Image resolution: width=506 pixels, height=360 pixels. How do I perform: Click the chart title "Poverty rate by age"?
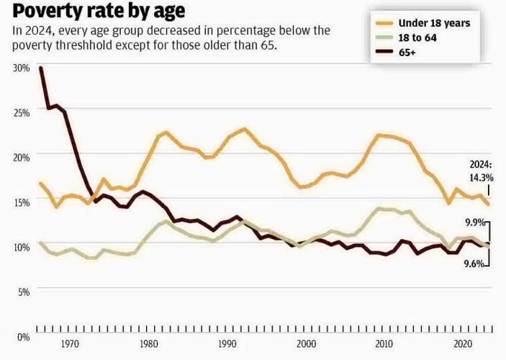click(x=98, y=11)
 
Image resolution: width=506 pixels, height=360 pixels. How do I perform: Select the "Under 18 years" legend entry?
click(x=433, y=23)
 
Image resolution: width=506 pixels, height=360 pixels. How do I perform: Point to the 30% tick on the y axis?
click(x=21, y=67)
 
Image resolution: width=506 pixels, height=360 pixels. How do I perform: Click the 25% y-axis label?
click(x=21, y=112)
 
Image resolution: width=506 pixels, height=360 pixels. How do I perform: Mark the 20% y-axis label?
click(x=21, y=156)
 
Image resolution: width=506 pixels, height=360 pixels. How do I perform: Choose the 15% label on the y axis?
click(x=21, y=202)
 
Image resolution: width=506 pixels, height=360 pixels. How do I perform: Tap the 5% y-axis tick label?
click(x=23, y=292)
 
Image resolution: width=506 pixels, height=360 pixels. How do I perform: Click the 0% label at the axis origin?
click(x=23, y=336)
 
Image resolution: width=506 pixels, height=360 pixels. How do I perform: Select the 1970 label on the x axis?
click(x=71, y=344)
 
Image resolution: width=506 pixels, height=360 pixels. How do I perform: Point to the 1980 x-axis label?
click(x=149, y=344)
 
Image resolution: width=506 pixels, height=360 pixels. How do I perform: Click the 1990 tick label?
click(x=228, y=344)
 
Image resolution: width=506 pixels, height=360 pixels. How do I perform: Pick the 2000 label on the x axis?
click(x=307, y=344)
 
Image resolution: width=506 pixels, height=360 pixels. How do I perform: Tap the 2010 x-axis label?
click(x=386, y=344)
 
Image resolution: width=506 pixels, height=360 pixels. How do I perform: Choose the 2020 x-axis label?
click(x=464, y=344)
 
